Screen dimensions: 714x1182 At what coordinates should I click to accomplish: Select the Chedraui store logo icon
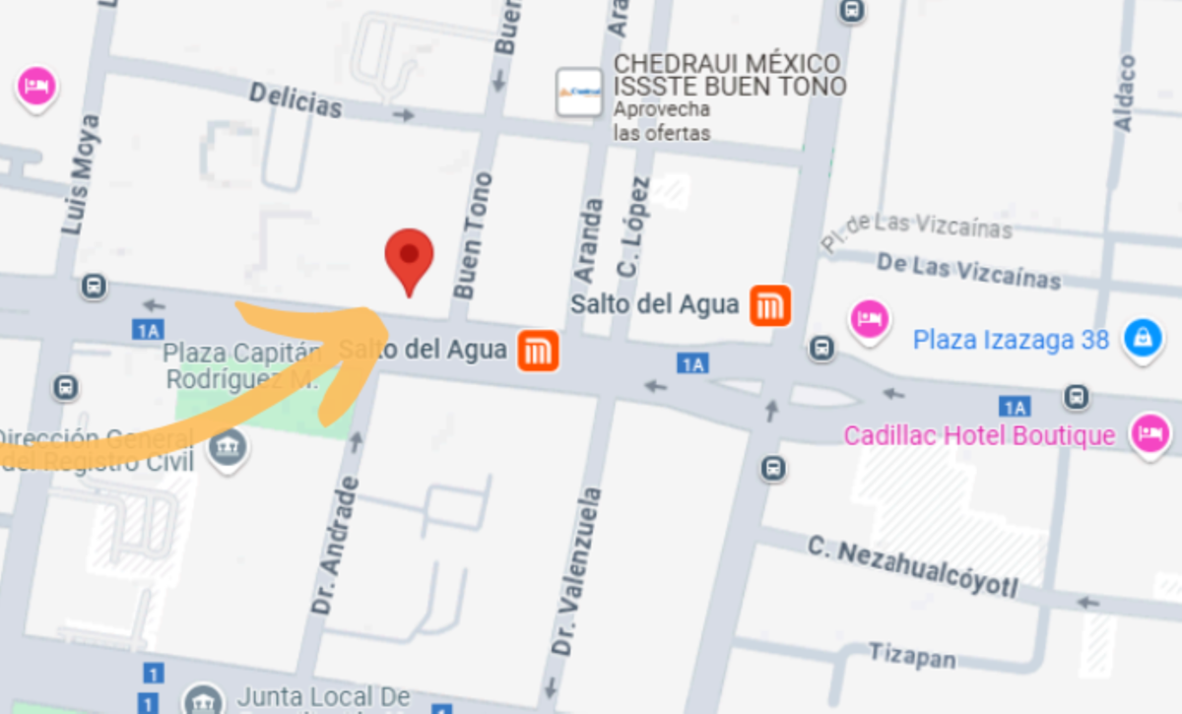click(x=578, y=93)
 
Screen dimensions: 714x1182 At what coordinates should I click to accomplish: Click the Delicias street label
click(x=295, y=100)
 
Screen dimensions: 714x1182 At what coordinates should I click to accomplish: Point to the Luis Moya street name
click(x=81, y=174)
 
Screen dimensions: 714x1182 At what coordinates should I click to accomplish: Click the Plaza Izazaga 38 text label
click(x=1011, y=340)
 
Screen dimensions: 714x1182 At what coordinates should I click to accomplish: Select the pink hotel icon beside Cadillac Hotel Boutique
click(x=1149, y=433)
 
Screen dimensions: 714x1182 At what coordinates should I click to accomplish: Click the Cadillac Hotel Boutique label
click(x=979, y=434)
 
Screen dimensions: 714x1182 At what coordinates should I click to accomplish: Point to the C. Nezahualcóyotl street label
click(x=912, y=566)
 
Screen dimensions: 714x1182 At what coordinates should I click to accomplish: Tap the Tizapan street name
click(x=912, y=655)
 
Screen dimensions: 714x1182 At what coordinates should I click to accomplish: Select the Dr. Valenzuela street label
click(x=576, y=571)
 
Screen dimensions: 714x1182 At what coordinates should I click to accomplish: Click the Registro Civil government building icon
click(x=228, y=448)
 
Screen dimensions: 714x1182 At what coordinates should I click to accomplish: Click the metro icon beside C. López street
click(x=769, y=305)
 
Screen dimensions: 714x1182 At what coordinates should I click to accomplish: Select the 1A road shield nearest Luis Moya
click(x=148, y=330)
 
